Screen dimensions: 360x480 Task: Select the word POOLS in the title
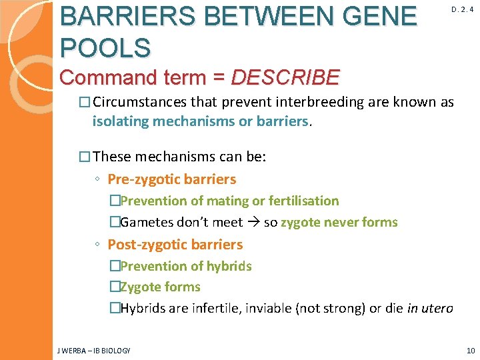click(105, 47)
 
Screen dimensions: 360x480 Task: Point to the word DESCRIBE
click(285, 77)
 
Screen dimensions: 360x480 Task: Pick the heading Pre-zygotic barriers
click(172, 179)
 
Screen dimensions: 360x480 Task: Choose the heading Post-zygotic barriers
click(175, 244)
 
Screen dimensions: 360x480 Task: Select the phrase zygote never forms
click(339, 222)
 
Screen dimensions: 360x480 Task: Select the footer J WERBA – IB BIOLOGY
click(94, 350)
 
